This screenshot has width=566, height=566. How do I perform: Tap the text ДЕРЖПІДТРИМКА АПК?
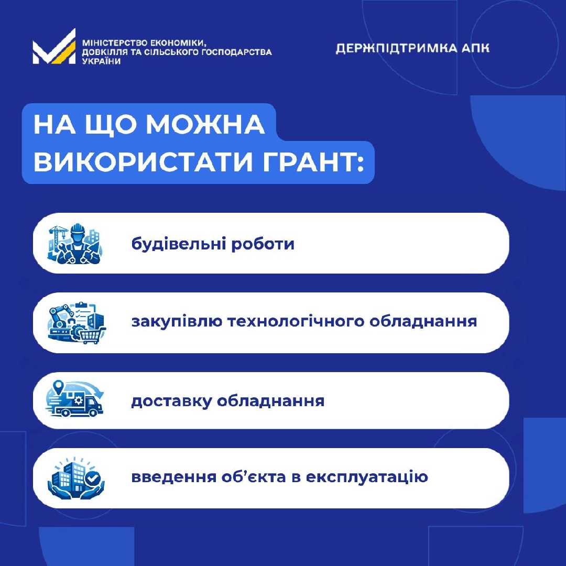[412, 48]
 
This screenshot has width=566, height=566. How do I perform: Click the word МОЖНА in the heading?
[205, 125]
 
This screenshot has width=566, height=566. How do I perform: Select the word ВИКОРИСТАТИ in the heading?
[143, 162]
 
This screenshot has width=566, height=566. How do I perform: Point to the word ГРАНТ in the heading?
[309, 162]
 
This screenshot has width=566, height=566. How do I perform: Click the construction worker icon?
[75, 244]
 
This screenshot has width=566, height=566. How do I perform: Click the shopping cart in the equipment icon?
[92, 336]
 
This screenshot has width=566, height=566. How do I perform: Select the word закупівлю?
[177, 321]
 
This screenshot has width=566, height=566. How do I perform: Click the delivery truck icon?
[75, 399]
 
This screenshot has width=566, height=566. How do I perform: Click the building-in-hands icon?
[76, 478]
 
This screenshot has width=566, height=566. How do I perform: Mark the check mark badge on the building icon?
[93, 478]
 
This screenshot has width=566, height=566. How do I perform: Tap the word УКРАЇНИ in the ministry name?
[102, 61]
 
